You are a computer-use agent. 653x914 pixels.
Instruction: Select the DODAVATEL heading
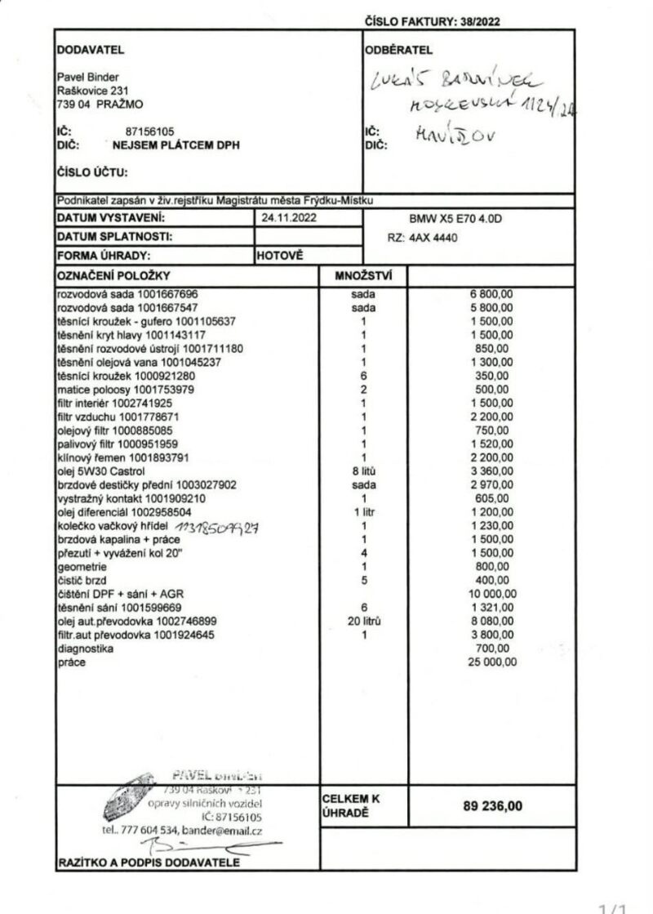(90, 50)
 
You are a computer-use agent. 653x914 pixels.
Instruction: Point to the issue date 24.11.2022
(283, 218)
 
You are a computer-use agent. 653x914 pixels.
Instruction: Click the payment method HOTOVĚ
(280, 255)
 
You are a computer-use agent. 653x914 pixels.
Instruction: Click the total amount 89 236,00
(492, 806)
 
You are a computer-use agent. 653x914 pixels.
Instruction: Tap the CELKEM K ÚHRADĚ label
(352, 805)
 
